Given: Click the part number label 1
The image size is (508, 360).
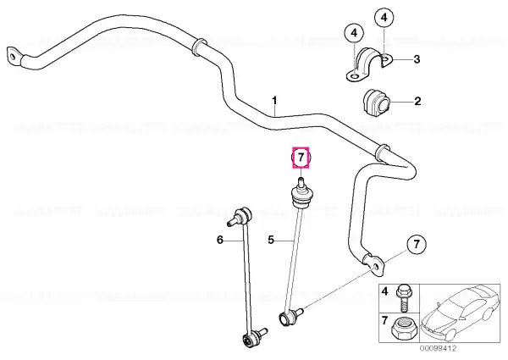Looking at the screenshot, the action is [x=274, y=101].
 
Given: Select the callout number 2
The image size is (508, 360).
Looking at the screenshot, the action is [x=417, y=101].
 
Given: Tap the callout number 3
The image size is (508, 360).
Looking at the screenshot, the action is [x=417, y=59].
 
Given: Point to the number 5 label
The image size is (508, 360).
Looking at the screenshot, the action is [x=271, y=240].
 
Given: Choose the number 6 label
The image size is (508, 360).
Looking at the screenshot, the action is [x=220, y=240].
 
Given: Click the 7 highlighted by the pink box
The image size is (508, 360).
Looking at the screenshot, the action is [x=301, y=158].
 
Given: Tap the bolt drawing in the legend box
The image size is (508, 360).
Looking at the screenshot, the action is [x=403, y=297].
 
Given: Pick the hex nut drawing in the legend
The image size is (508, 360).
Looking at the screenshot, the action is [x=403, y=328].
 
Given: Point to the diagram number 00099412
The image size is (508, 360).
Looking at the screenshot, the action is [x=439, y=349].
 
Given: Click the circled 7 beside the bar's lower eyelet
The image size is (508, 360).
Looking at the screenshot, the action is [x=417, y=244].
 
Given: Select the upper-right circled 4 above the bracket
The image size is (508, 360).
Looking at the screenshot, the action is [x=384, y=18].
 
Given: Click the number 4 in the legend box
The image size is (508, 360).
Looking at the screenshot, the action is [x=384, y=291].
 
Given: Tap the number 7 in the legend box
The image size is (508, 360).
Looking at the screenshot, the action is [x=384, y=321].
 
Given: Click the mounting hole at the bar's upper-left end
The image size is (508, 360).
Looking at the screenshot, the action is [x=13, y=58].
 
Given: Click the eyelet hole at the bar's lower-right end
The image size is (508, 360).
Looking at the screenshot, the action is [x=375, y=267].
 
